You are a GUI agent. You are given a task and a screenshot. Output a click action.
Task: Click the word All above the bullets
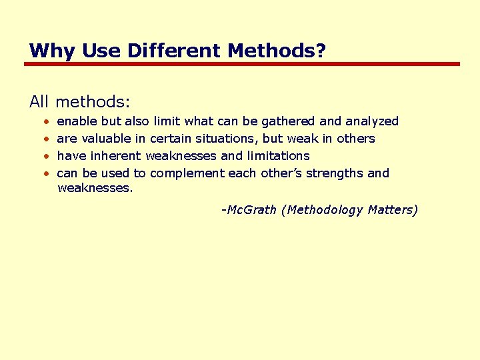(39, 102)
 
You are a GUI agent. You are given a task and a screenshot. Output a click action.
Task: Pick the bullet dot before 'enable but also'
(46, 122)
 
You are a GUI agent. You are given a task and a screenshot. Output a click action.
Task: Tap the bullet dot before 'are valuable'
(46, 139)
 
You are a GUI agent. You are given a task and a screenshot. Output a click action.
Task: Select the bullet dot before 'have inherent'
(46, 157)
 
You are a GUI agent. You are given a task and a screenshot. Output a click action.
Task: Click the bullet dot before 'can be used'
(46, 174)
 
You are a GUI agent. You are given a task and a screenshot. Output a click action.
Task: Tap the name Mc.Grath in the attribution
(251, 210)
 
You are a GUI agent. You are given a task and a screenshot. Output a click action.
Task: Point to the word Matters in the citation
(393, 210)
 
